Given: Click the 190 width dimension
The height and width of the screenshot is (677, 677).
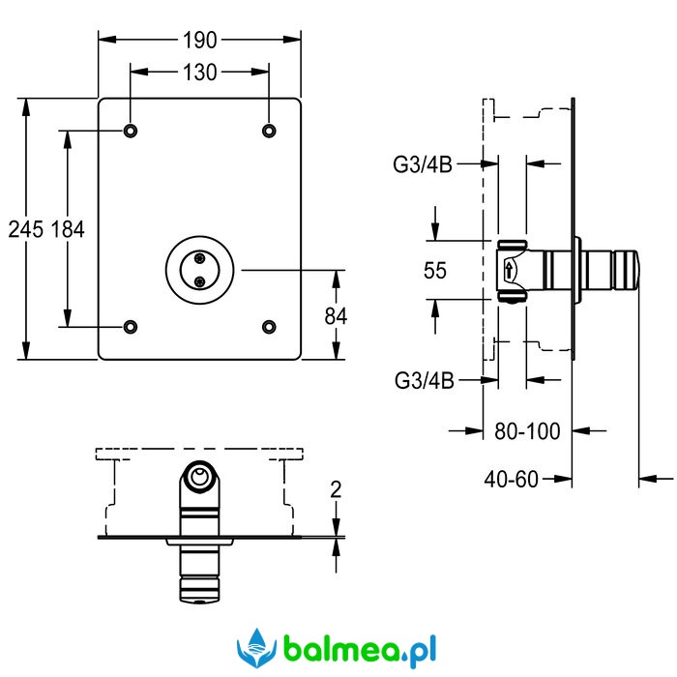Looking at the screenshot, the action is (199, 41).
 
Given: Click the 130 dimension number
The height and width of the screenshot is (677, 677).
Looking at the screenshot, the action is (199, 73).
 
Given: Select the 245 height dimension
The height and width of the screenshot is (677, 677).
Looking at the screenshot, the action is (26, 229).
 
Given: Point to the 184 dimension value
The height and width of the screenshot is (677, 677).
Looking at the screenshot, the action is (68, 229).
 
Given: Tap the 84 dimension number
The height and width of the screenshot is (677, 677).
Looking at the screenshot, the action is (336, 316).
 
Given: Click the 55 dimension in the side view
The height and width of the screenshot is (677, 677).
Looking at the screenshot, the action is (435, 271).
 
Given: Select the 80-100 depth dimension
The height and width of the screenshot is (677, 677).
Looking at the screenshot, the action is (527, 431).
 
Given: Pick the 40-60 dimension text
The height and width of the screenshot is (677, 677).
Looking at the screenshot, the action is (512, 480).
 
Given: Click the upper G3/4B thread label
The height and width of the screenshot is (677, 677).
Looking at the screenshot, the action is (423, 164).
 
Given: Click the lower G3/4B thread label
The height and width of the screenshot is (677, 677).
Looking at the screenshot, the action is (424, 380).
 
